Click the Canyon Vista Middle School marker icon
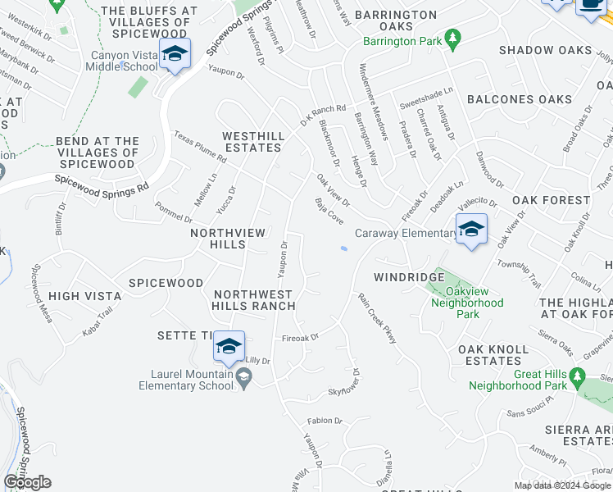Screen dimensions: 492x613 [175, 55]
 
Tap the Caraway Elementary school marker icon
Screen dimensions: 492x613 [471, 230]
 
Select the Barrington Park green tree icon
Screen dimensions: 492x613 [451, 38]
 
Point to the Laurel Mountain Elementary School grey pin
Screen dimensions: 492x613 [243, 376]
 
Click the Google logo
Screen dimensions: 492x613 [27, 482]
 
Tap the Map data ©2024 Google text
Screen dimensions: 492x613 [561, 485]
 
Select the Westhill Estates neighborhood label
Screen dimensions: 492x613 [253, 142]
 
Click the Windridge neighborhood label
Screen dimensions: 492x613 [409, 277]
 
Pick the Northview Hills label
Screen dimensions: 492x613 [229, 239]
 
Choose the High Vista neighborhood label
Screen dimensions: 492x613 [79, 296]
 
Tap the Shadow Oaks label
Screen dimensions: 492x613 [545, 50]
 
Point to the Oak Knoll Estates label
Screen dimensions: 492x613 [493, 355]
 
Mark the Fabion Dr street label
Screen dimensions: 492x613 [325, 421]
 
